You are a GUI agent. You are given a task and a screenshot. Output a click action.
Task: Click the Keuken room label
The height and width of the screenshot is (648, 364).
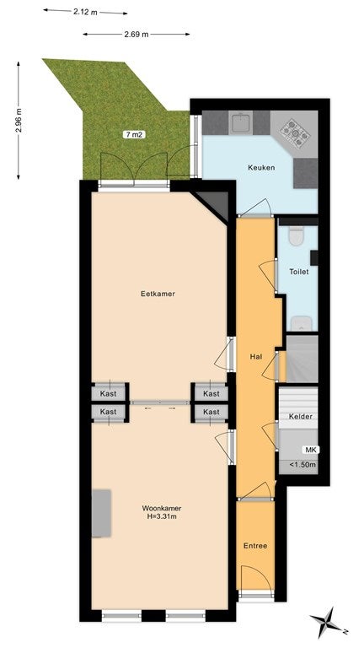(x=261, y=168)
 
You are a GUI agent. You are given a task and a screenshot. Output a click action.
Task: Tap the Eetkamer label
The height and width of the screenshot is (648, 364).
(x=158, y=294)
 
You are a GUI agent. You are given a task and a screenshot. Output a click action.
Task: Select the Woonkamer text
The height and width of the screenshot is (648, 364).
(x=162, y=508)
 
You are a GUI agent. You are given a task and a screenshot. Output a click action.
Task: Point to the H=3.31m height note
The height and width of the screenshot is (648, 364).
(x=162, y=516)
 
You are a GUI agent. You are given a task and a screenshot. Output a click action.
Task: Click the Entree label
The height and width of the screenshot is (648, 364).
(x=255, y=546)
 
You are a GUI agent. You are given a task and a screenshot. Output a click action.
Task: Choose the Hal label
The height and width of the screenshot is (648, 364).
(x=256, y=355)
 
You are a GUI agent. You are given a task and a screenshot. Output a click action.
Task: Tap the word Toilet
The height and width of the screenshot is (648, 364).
(x=299, y=272)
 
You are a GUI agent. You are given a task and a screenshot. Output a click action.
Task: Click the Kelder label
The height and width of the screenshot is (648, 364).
(x=301, y=417)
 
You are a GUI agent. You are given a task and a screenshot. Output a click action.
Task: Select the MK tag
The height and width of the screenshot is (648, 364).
(x=310, y=450)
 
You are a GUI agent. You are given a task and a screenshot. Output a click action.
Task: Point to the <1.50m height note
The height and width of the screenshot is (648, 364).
(x=302, y=465)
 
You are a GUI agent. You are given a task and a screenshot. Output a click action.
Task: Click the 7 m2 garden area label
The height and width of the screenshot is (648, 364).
(x=134, y=134)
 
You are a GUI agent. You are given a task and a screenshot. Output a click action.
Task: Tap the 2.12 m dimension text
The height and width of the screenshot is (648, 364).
(x=85, y=12)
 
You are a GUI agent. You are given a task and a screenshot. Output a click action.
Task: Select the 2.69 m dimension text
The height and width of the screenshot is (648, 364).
(x=136, y=35)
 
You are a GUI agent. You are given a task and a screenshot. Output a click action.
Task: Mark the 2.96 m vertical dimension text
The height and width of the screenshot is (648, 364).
(x=19, y=121)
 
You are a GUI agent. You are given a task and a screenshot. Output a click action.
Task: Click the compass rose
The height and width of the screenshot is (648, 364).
(x=329, y=621)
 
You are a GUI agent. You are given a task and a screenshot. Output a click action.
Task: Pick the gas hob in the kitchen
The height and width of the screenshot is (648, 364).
(x=295, y=132)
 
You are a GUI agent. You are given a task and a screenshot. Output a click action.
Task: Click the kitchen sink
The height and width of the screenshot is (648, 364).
(x=241, y=123)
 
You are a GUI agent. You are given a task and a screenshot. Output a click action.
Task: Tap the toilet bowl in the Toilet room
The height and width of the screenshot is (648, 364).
(x=296, y=235)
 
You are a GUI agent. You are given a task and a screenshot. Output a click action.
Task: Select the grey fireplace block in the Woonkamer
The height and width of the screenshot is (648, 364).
(x=101, y=513)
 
